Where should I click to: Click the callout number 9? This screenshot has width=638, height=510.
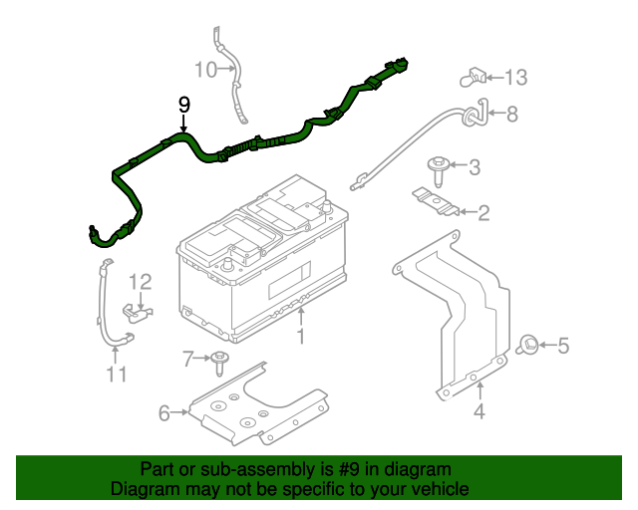[183, 104]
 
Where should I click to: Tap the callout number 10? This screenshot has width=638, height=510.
[204, 70]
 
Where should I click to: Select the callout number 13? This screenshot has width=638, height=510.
[515, 77]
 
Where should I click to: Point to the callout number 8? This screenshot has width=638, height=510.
[512, 115]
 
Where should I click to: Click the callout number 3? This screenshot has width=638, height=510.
[475, 167]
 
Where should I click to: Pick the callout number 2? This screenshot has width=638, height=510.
[483, 212]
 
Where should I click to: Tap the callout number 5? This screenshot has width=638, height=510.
[563, 347]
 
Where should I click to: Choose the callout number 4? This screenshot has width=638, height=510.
[479, 410]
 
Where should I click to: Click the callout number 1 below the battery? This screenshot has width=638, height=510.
[299, 338]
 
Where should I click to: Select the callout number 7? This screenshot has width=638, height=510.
[187, 357]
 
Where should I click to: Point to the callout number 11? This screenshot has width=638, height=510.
[118, 375]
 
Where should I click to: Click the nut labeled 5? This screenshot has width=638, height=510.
[530, 346]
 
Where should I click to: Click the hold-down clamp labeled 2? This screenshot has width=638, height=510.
[437, 201]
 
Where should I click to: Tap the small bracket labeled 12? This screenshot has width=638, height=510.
[137, 315]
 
